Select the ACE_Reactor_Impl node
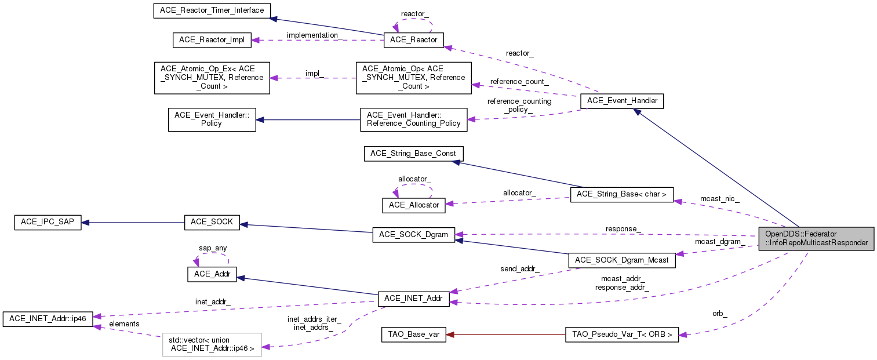point(212,40)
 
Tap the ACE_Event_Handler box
point(622,101)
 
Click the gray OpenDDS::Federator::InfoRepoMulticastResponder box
point(816,238)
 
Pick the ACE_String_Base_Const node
point(413,154)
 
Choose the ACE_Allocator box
point(414,205)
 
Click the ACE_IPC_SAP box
point(48,222)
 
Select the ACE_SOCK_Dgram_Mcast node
point(622,260)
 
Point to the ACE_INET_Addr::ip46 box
point(48,319)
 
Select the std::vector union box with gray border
point(212,344)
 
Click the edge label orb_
point(719,314)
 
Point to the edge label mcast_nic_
point(719,198)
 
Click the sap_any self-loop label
point(213,248)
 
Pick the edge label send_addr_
point(519,269)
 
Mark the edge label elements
point(124,323)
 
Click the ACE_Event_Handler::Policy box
point(212,119)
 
